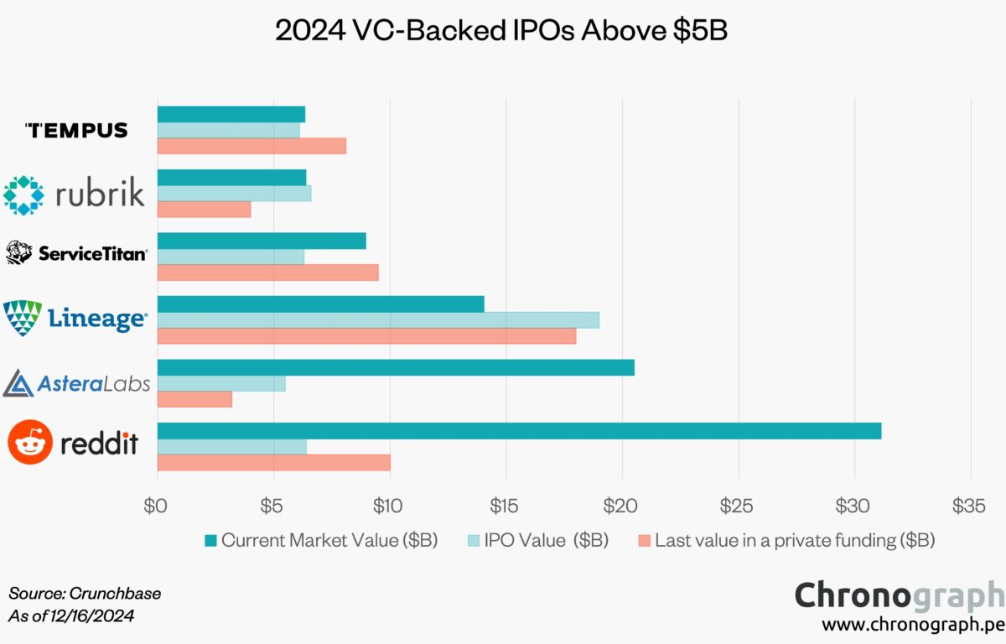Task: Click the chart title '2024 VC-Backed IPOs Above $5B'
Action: [x=502, y=31]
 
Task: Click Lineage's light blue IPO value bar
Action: [x=378, y=319]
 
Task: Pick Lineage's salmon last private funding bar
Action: [x=366, y=335]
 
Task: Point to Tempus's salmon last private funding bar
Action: [x=251, y=146]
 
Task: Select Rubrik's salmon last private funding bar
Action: [x=204, y=209]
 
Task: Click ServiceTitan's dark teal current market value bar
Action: [x=262, y=241]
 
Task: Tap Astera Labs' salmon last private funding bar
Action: [x=194, y=399]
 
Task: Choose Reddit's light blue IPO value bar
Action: [x=231, y=446]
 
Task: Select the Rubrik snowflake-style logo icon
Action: [x=23, y=195]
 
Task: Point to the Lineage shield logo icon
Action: [x=23, y=319]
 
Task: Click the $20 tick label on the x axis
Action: [x=621, y=506]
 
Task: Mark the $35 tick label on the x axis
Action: [x=969, y=506]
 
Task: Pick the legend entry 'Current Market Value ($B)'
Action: [x=320, y=540]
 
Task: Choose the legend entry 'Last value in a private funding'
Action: [x=786, y=540]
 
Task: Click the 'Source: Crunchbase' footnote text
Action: [x=85, y=594]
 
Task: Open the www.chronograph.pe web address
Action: [x=912, y=626]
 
